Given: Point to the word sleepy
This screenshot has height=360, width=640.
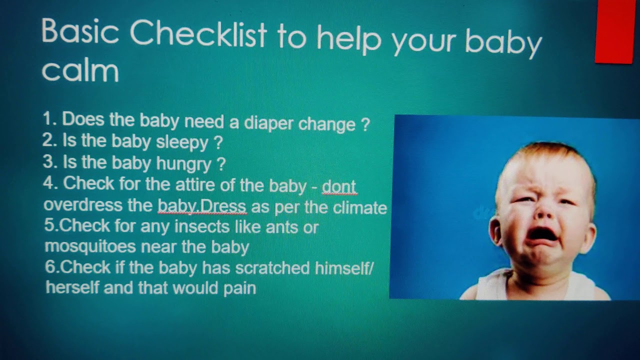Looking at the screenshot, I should click(x=182, y=143).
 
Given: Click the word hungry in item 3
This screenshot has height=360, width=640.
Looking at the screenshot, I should click(x=183, y=163).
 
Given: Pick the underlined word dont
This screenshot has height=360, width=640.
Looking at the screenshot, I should click(x=339, y=186).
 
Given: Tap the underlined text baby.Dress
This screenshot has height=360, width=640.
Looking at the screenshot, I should click(x=202, y=206).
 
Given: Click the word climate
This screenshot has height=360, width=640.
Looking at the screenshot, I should click(x=360, y=207).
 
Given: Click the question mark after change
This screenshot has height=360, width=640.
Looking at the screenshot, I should click(x=364, y=123).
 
